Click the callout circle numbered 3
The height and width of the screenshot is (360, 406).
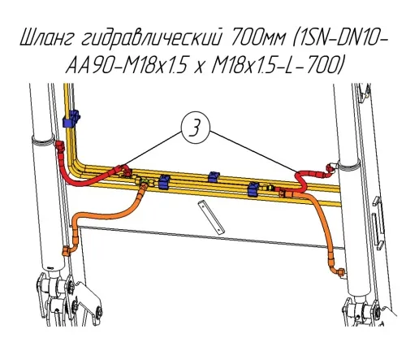click(x=196, y=128)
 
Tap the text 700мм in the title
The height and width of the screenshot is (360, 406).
click(x=257, y=38)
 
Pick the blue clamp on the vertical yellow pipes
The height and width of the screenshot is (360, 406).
click(x=71, y=119)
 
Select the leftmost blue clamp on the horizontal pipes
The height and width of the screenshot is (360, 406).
click(x=165, y=182)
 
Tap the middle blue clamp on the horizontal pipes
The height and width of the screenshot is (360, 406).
click(x=214, y=176)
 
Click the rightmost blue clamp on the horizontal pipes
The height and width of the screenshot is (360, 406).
click(x=254, y=189)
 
